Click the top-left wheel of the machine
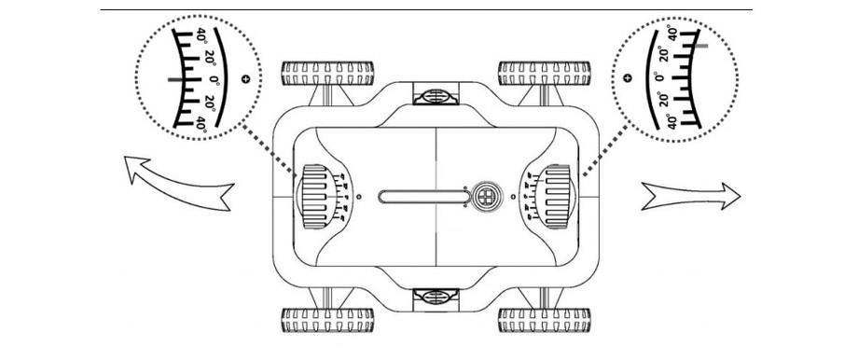click(328, 73)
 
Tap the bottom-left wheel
click(328, 319)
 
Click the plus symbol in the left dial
click(245, 80)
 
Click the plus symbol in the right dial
click(627, 78)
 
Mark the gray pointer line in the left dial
click(178, 80)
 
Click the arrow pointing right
click(691, 195)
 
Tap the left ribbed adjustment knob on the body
click(314, 196)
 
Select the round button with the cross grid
click(484, 196)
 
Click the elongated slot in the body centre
click(422, 196)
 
